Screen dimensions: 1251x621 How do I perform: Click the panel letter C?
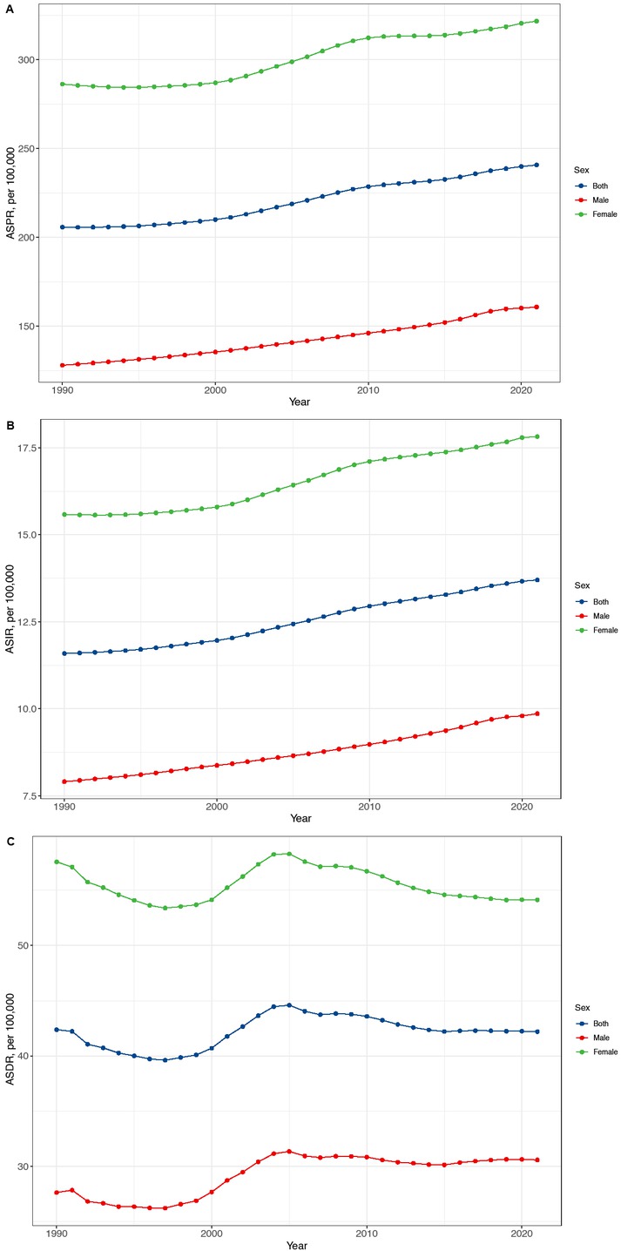point(8,842)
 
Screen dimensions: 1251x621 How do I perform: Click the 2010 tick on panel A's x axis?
point(368,391)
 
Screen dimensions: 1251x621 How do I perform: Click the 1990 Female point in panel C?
point(57,862)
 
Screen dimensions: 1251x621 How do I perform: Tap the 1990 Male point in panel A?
point(63,365)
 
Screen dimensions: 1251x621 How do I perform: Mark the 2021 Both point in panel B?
point(538,580)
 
